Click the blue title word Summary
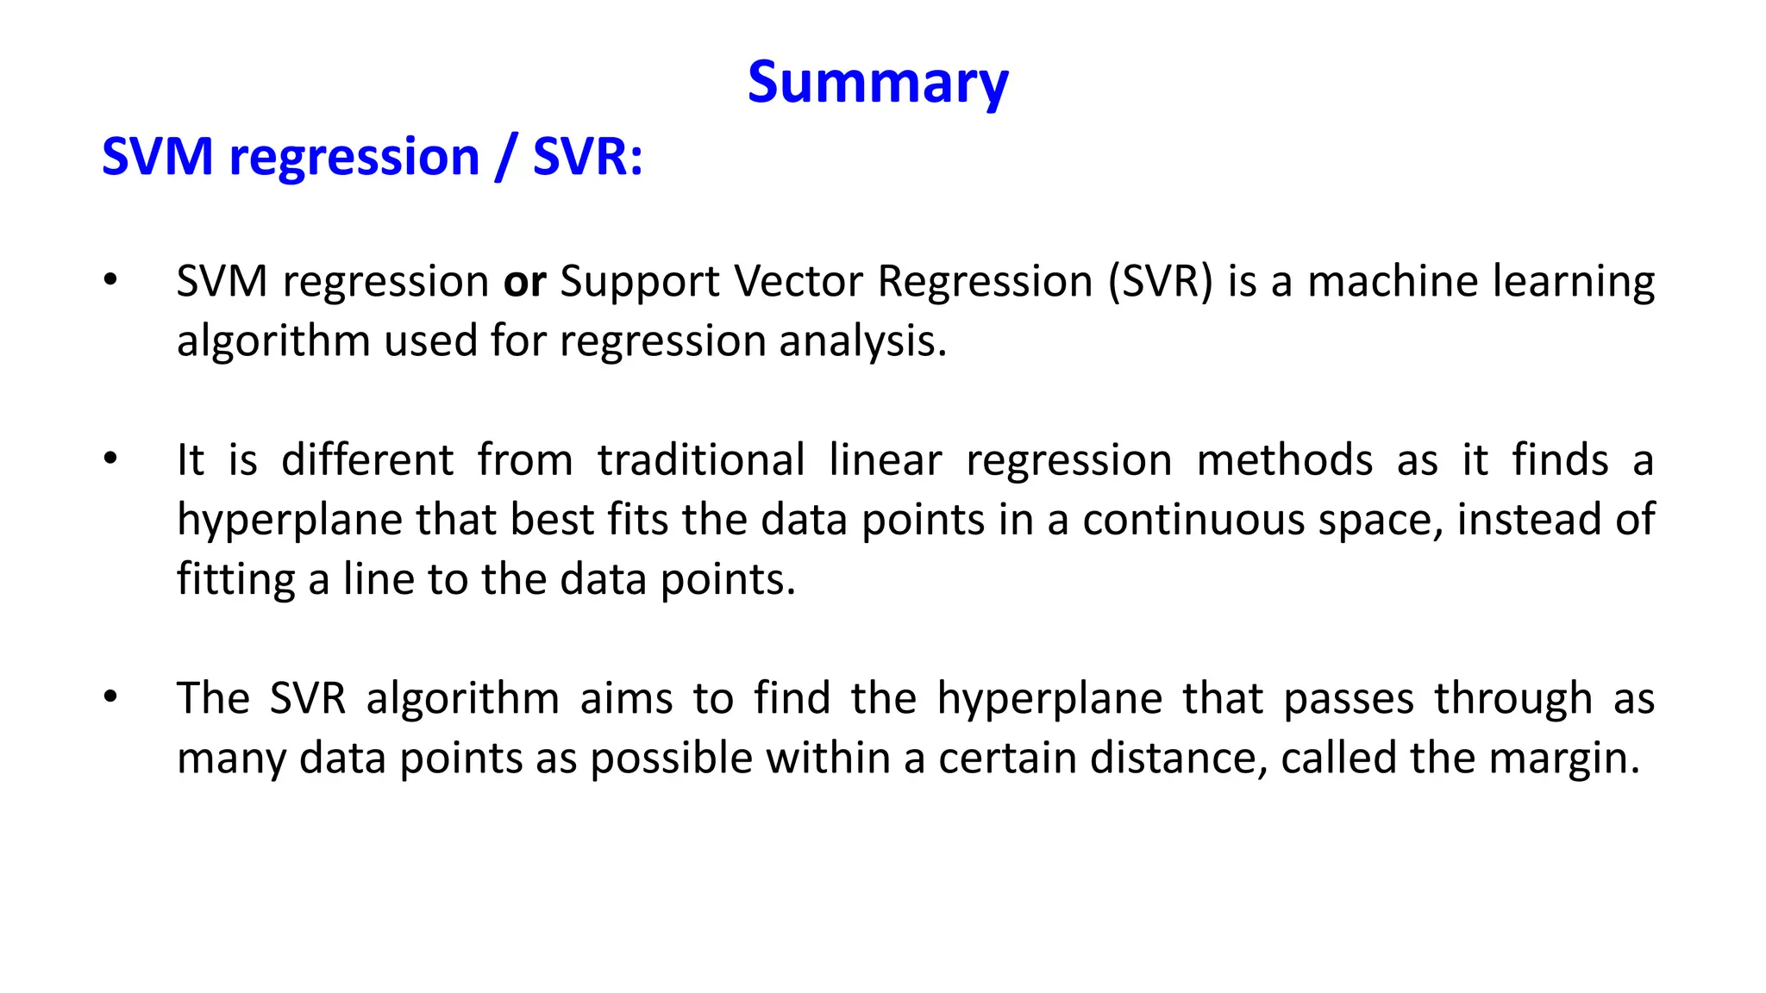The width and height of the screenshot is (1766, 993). [877, 84]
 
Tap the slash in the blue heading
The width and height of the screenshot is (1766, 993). [506, 158]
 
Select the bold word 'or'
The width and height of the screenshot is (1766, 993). [524, 282]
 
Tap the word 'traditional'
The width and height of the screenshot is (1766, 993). [701, 460]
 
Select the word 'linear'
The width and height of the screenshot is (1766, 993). [885, 460]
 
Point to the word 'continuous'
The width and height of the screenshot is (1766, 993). [1193, 520]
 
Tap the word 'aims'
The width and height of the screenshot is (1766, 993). [626, 698]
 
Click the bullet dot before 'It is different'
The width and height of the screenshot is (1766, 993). [110, 459]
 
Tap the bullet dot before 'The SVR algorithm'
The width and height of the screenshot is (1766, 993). [110, 697]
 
